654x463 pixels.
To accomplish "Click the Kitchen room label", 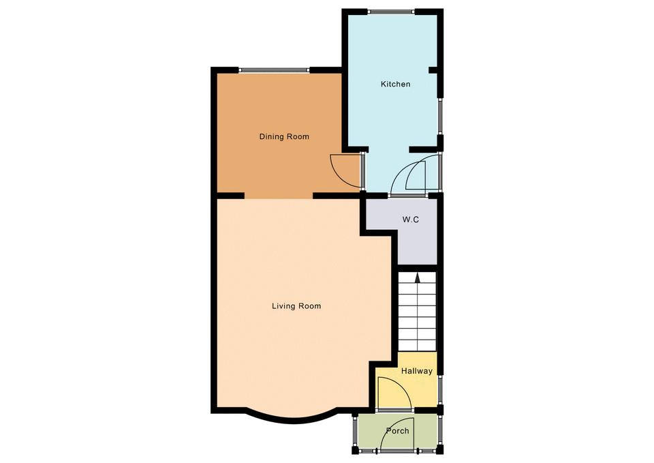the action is pyautogui.click(x=395, y=84).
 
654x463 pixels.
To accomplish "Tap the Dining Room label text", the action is pyautogui.click(x=285, y=136).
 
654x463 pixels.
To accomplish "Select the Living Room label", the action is pyautogui.click(x=296, y=306).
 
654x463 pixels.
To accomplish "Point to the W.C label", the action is pyautogui.click(x=411, y=219).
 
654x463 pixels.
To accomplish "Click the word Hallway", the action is pyautogui.click(x=417, y=371).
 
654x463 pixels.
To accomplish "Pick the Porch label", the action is pyautogui.click(x=397, y=430).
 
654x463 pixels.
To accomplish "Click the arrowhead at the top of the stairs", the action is pyautogui.click(x=417, y=278).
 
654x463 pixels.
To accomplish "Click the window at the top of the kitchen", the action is pyautogui.click(x=392, y=12).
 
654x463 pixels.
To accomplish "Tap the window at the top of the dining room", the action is pyautogui.click(x=275, y=70).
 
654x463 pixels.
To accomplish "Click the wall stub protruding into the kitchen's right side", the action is pyautogui.click(x=433, y=70).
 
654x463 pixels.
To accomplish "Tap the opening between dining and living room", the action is pyautogui.click(x=279, y=196).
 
